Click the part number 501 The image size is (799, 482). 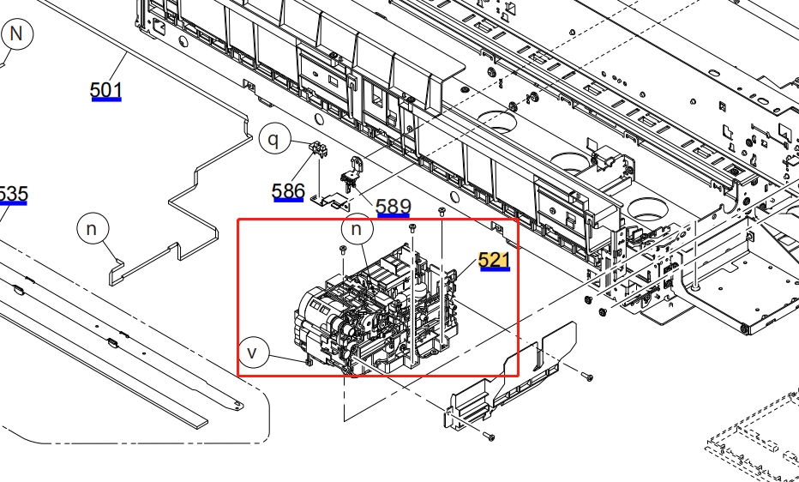click(x=106, y=88)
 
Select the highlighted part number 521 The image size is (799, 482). click(x=495, y=259)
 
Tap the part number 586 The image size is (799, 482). click(x=288, y=190)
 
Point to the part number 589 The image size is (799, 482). click(x=393, y=206)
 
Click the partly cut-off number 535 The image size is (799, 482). click(x=12, y=194)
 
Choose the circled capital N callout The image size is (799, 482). click(x=17, y=35)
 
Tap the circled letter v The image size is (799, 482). click(x=253, y=352)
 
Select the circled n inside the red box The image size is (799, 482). click(x=357, y=230)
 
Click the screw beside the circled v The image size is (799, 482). click(x=307, y=361)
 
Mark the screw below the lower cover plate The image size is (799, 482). click(x=489, y=437)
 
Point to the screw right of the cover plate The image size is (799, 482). click(x=587, y=376)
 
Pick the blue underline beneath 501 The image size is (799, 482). click(x=106, y=99)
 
